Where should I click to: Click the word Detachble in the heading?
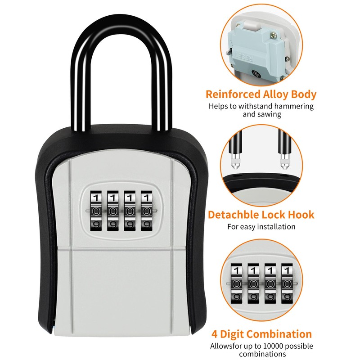pos(235,215)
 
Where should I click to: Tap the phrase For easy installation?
pos(261,226)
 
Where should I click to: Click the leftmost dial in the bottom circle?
pos(236,283)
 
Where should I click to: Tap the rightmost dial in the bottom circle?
pos(285,283)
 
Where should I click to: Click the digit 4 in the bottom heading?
pos(215,334)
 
